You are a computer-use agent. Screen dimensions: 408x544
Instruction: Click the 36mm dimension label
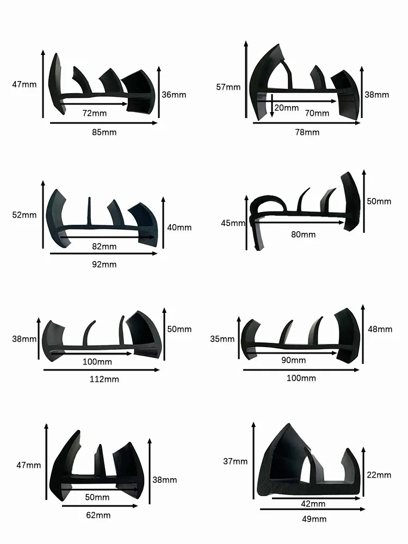pyautogui.click(x=174, y=95)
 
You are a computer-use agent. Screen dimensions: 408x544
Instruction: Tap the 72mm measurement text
pyautogui.click(x=94, y=113)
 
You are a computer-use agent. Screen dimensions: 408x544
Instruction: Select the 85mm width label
pyautogui.click(x=104, y=132)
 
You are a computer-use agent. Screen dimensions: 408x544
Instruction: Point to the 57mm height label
pyautogui.click(x=228, y=87)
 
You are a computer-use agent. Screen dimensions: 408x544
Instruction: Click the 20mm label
pyautogui.click(x=287, y=108)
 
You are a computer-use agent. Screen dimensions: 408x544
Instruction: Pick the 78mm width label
pyautogui.click(x=307, y=132)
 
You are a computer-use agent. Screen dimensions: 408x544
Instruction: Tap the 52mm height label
pyautogui.click(x=24, y=215)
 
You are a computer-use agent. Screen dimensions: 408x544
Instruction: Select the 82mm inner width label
pyautogui.click(x=104, y=246)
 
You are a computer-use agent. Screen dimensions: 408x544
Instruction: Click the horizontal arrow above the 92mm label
pyautogui.click(x=104, y=254)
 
